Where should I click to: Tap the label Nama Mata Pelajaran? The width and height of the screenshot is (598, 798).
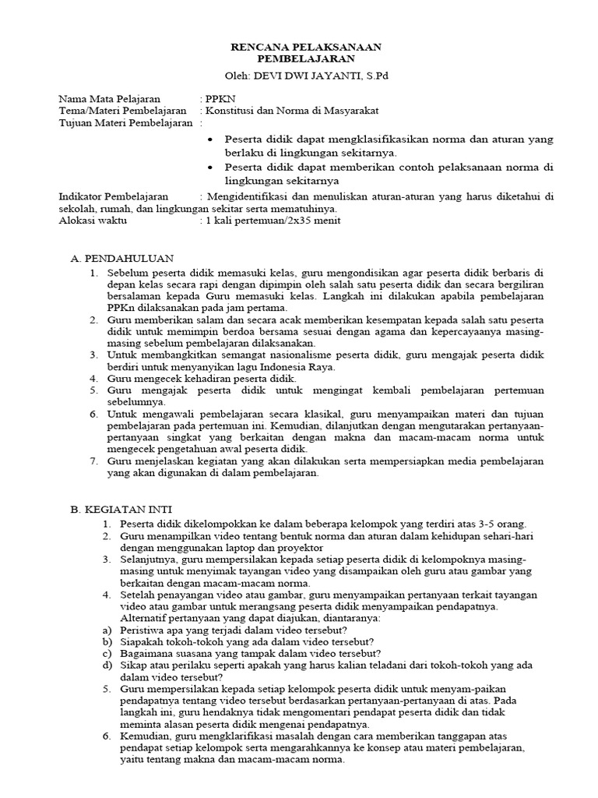(110, 100)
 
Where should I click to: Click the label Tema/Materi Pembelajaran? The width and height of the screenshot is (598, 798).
(123, 111)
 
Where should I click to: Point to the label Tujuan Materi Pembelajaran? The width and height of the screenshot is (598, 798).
(125, 123)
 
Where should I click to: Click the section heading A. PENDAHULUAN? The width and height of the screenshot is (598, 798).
(121, 258)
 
